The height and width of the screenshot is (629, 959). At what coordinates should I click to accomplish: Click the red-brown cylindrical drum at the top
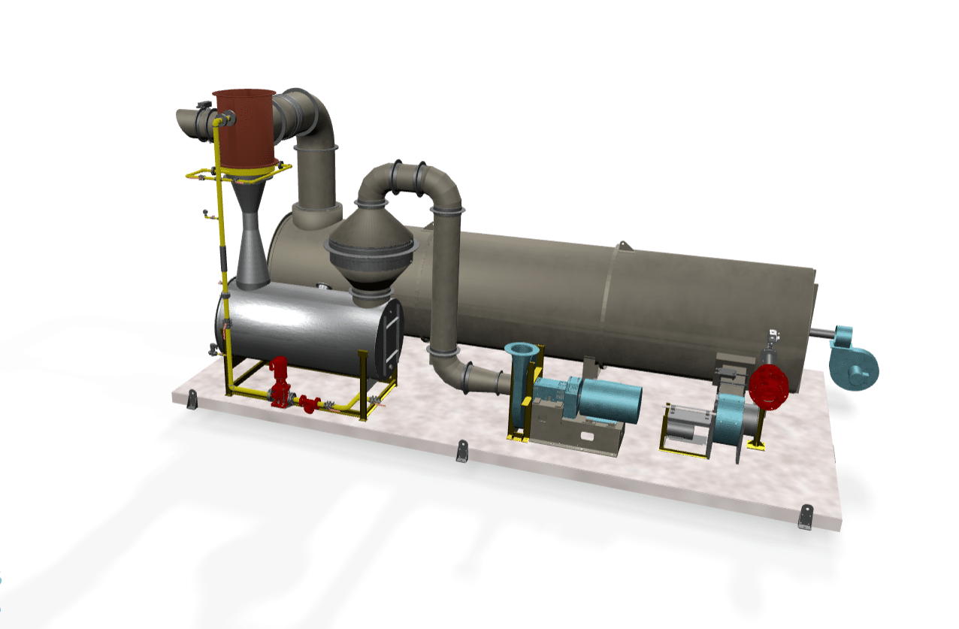245,128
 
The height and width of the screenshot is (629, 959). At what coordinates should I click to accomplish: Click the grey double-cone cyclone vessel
371,252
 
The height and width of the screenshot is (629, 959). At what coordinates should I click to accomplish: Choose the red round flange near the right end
767,386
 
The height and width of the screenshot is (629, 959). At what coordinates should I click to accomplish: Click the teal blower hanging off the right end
853,358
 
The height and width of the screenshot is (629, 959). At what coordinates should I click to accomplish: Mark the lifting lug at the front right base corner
806,517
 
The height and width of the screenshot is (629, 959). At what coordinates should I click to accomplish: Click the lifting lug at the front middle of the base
462,452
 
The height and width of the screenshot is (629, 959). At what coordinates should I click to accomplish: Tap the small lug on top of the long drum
622,246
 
